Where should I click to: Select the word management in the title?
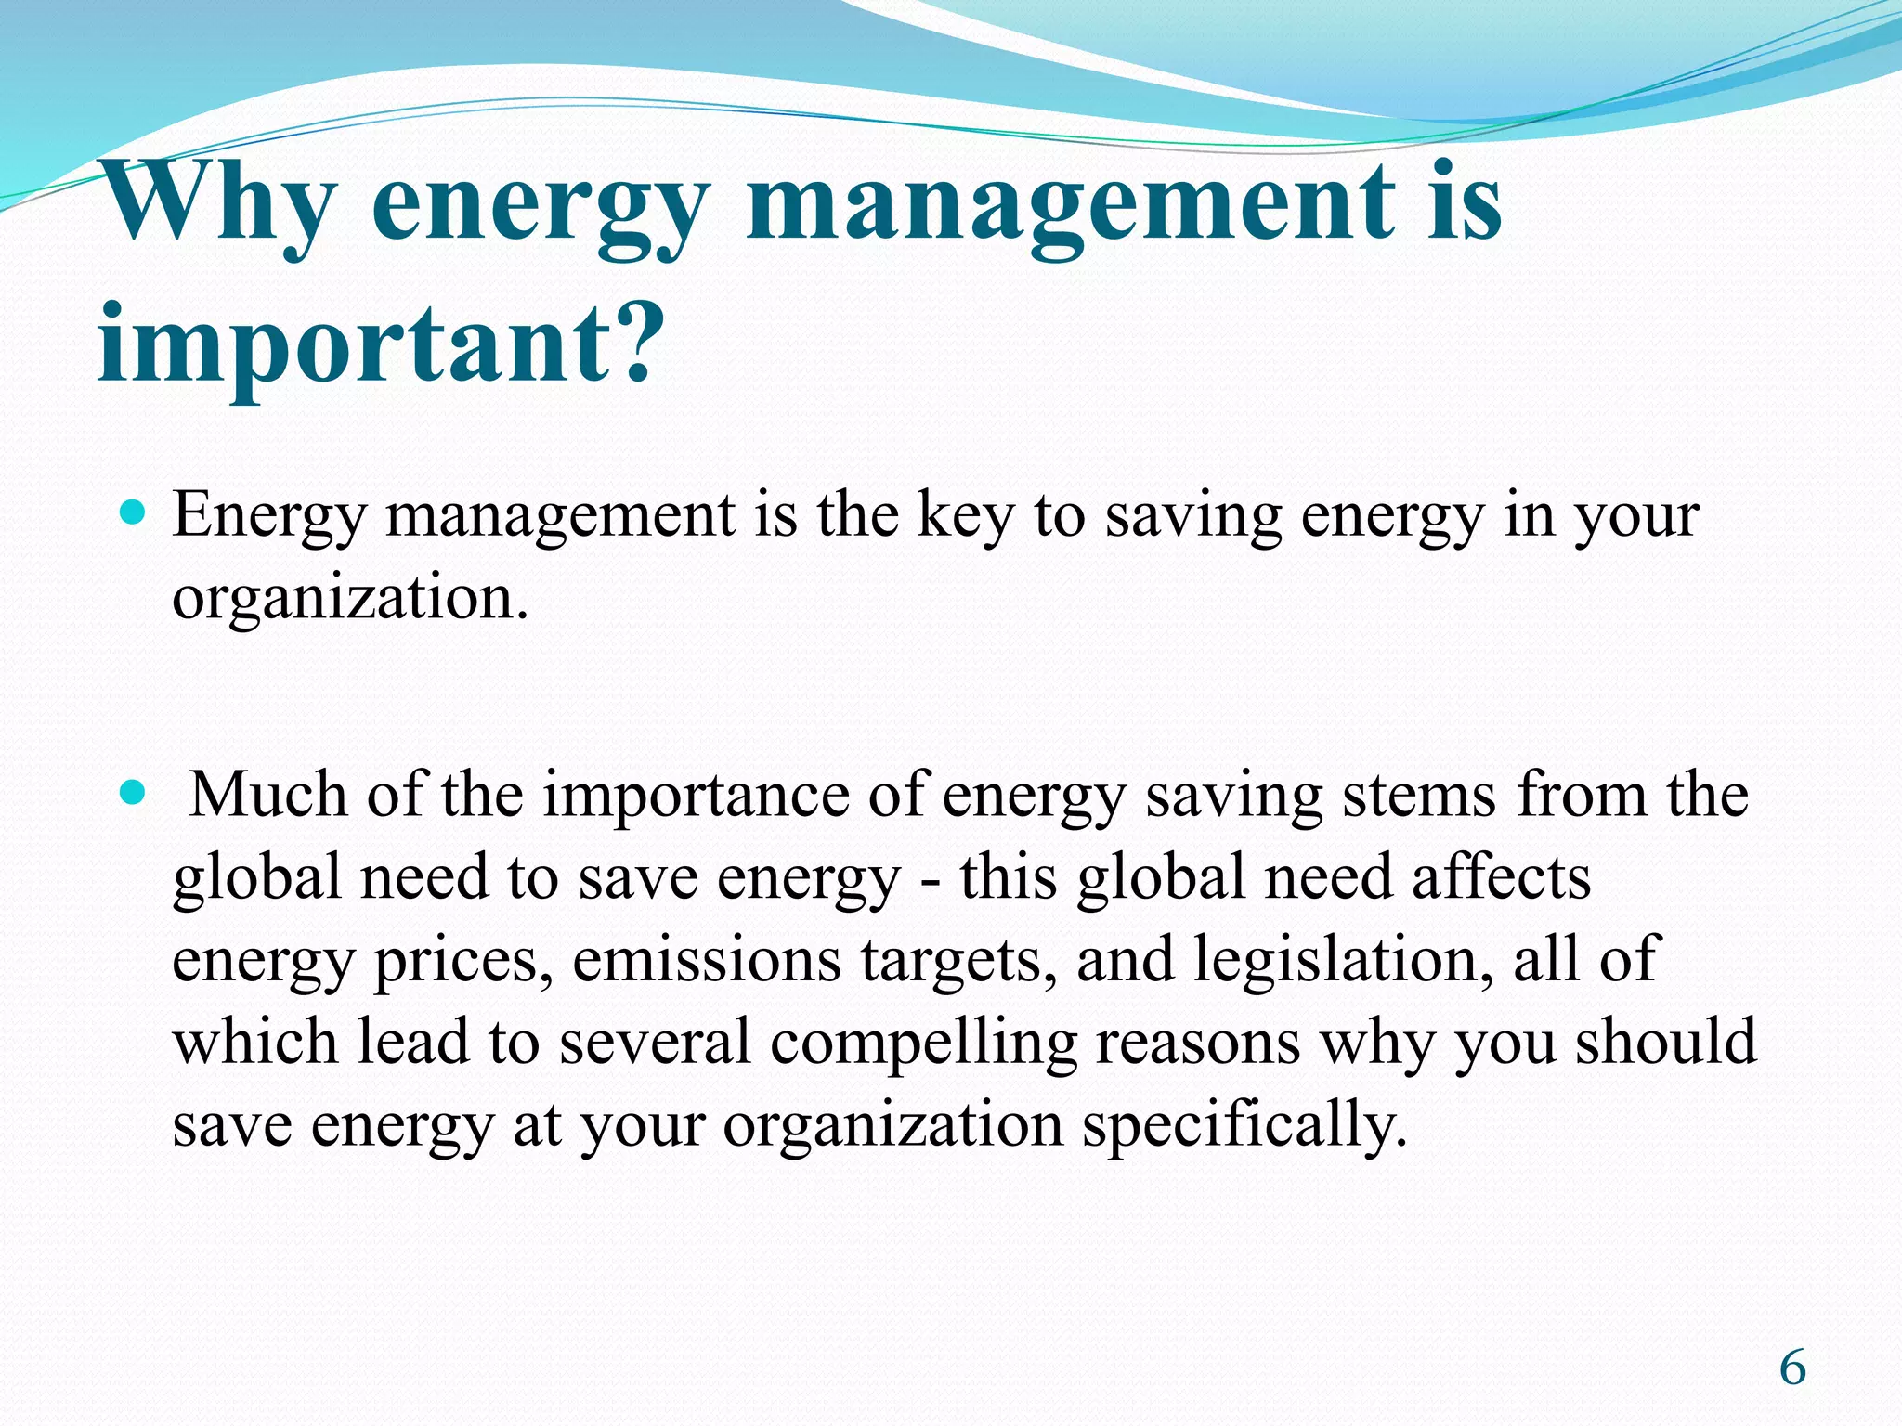pyautogui.click(x=1069, y=202)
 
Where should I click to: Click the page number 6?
pyautogui.click(x=1793, y=1368)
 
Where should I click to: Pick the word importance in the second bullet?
pyautogui.click(x=696, y=797)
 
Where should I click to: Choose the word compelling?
pyautogui.click(x=923, y=1043)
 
